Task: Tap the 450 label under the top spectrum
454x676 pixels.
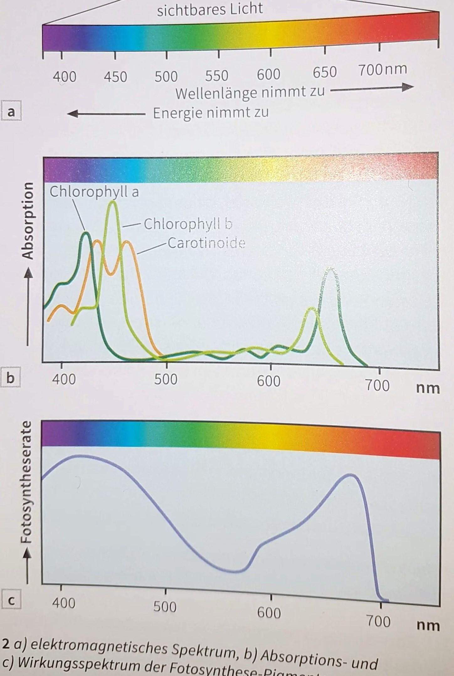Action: (x=115, y=77)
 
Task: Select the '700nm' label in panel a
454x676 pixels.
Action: (x=383, y=69)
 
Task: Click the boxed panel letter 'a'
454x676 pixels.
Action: (x=11, y=112)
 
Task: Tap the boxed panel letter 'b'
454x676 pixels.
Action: (x=10, y=378)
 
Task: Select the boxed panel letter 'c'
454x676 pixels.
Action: (x=11, y=601)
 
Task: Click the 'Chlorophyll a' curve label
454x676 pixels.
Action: (x=94, y=192)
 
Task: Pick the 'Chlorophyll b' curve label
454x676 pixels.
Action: (x=188, y=224)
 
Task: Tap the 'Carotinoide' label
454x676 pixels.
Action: (x=206, y=243)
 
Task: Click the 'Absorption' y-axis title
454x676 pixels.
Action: (x=29, y=221)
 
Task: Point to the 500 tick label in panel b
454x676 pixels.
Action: (x=166, y=379)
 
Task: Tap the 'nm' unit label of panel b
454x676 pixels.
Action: (x=428, y=388)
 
